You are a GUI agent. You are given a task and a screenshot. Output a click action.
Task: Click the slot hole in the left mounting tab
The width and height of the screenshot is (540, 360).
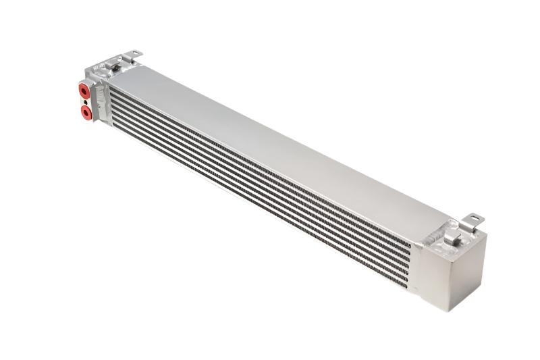(134, 53)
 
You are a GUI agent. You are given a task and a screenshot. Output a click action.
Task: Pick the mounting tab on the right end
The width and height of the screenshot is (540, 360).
(473, 220)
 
